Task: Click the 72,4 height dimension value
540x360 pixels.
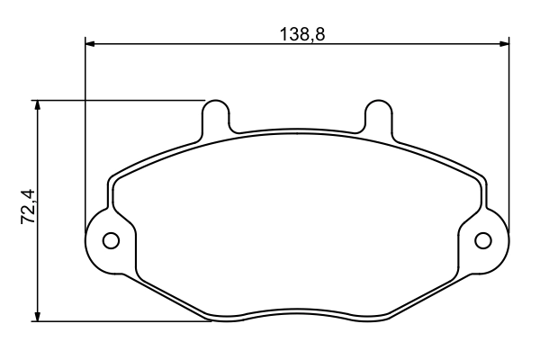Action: pyautogui.click(x=27, y=207)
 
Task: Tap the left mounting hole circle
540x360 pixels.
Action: pyautogui.click(x=112, y=240)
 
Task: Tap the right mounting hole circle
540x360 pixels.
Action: pyautogui.click(x=483, y=240)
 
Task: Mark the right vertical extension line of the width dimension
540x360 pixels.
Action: pyautogui.click(x=510, y=135)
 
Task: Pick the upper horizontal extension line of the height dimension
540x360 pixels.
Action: pyautogui.click(x=117, y=100)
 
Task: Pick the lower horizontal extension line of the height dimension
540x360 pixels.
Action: pyautogui.click(x=117, y=320)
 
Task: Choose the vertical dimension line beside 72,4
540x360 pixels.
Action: pyautogui.click(x=38, y=270)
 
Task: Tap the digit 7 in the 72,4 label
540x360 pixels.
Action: pyautogui.click(x=27, y=218)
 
